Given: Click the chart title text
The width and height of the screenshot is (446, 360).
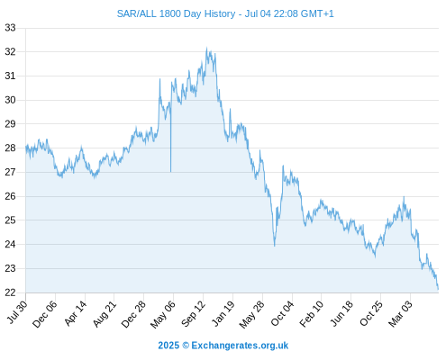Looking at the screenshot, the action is pos(225,13).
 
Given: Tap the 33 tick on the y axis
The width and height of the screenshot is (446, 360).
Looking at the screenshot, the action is pos(10,28).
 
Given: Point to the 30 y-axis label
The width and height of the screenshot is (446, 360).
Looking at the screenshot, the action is pos(10,100).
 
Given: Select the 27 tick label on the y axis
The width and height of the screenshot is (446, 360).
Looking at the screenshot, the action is pos(10,172).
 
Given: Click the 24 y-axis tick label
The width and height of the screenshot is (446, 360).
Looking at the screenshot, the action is pos(10,244).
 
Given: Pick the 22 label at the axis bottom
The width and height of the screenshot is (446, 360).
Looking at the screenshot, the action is pos(10,292).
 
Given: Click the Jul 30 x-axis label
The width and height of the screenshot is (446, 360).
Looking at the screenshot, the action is pos(17,312).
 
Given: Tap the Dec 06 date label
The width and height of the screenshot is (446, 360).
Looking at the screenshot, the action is pos(44,314).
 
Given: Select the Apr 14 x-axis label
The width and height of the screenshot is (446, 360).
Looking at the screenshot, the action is pos(76,313).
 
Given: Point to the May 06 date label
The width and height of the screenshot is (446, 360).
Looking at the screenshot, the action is pos(162,314).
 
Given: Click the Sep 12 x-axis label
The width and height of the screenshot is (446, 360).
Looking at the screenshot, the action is pos(194,313).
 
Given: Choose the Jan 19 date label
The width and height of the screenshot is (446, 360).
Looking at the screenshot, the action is pos(223,313).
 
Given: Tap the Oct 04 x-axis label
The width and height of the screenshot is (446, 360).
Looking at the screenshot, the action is pos(282,313).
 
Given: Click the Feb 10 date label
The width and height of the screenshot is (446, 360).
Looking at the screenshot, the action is pos(312,313).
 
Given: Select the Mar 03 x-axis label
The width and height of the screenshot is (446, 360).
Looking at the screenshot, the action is pos(400,313).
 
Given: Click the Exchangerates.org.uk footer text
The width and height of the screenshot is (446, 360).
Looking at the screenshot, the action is pos(240,346).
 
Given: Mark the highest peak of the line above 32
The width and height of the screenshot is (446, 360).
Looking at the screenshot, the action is pos(206,48).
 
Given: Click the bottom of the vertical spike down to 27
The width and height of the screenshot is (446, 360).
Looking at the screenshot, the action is pos(170,172).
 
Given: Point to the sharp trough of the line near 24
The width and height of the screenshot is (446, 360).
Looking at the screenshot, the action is pos(274,246).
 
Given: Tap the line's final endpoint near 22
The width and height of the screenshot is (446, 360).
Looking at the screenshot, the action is pos(438,289).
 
